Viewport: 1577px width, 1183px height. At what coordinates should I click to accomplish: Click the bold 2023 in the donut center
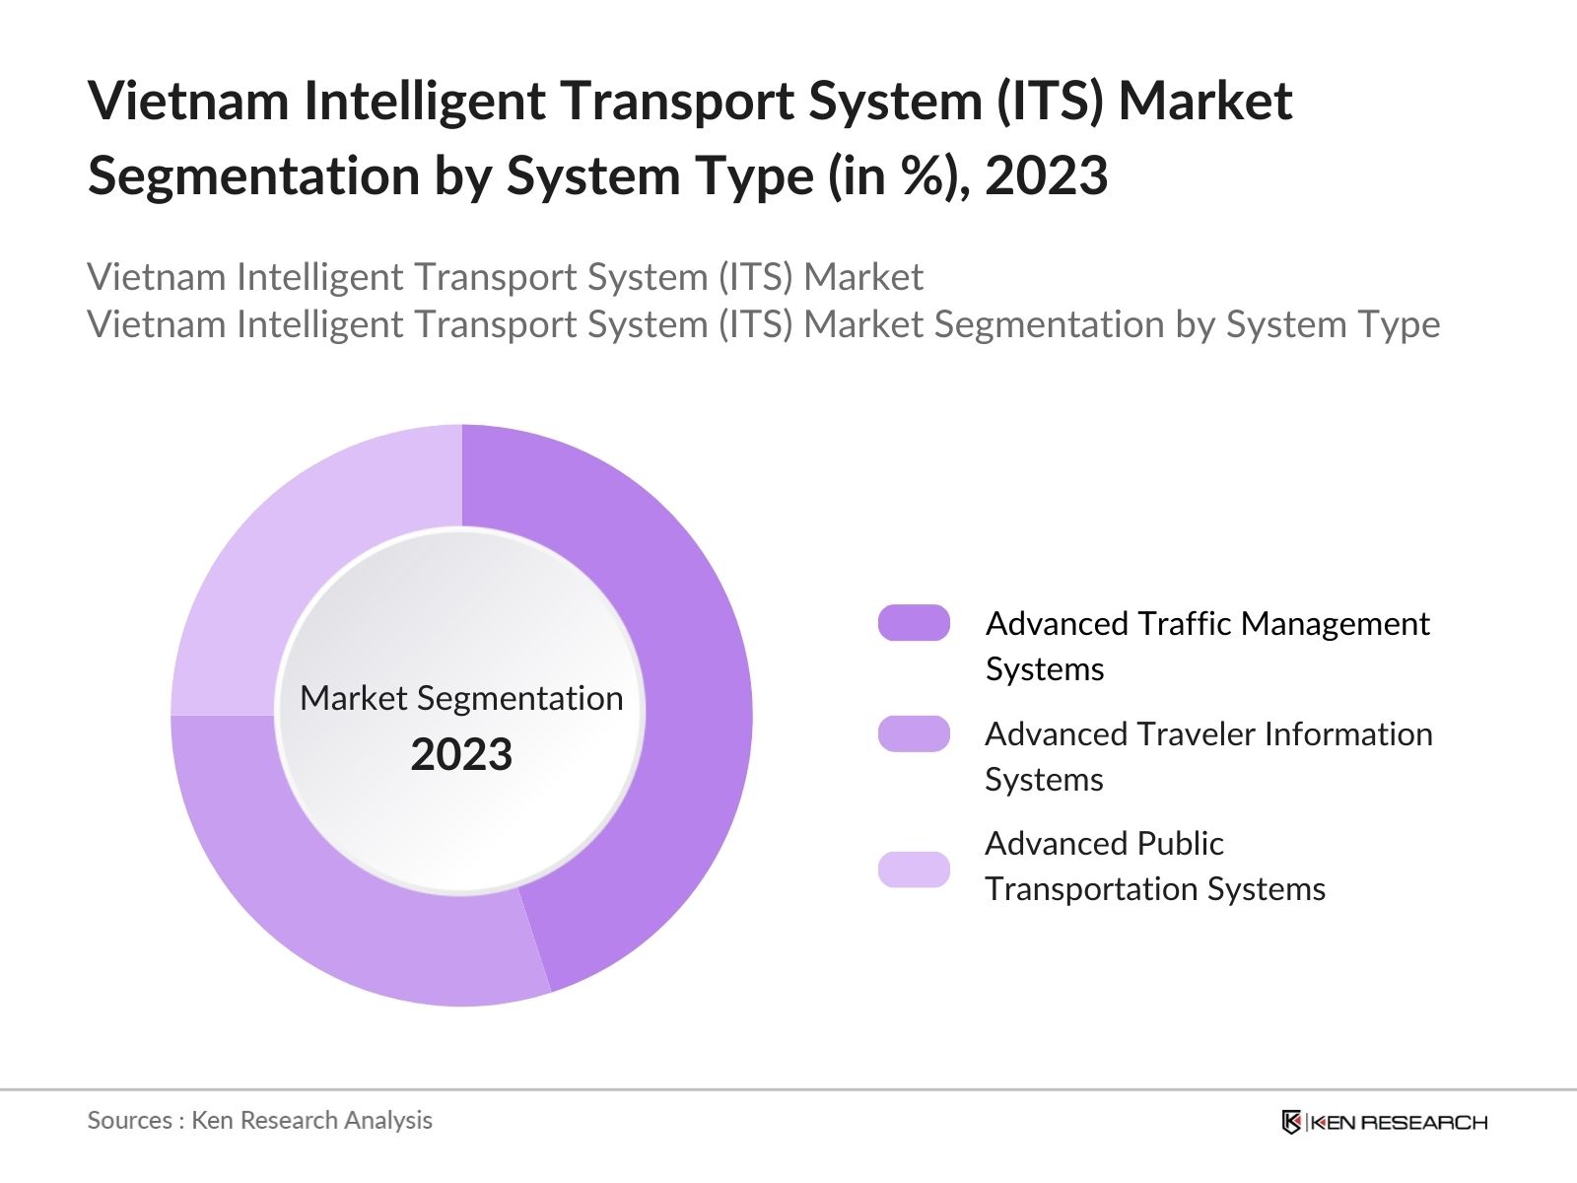pyautogui.click(x=461, y=755)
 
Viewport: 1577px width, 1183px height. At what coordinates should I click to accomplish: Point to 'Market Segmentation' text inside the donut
pyautogui.click(x=461, y=698)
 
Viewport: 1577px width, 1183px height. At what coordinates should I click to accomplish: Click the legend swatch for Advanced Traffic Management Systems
pyautogui.click(x=914, y=623)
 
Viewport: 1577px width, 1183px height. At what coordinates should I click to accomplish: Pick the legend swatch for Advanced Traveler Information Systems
pyautogui.click(x=914, y=733)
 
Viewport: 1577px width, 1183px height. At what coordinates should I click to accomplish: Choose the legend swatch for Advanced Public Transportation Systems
pyautogui.click(x=914, y=870)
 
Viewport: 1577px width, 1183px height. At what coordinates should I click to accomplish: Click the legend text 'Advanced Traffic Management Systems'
pyautogui.click(x=1206, y=646)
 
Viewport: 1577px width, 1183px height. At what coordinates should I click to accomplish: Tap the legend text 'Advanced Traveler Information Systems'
pyautogui.click(x=1207, y=756)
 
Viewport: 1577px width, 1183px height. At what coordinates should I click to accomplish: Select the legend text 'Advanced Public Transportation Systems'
pyautogui.click(x=1154, y=866)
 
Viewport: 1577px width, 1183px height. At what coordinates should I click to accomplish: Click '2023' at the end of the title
pyautogui.click(x=1046, y=176)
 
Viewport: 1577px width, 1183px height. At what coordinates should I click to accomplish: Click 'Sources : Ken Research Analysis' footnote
pyautogui.click(x=259, y=1120)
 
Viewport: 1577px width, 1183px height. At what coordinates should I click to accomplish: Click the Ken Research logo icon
pyautogui.click(x=1291, y=1122)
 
